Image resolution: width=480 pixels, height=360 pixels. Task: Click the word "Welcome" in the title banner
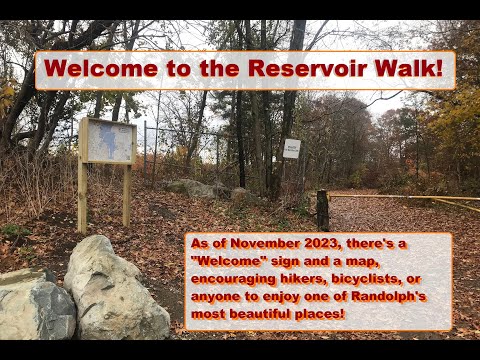(x=95, y=70)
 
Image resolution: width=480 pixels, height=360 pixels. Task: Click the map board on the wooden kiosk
(x=109, y=141)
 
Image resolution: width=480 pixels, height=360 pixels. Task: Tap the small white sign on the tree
(x=291, y=148)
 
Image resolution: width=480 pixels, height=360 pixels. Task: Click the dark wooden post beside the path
(x=322, y=210)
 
